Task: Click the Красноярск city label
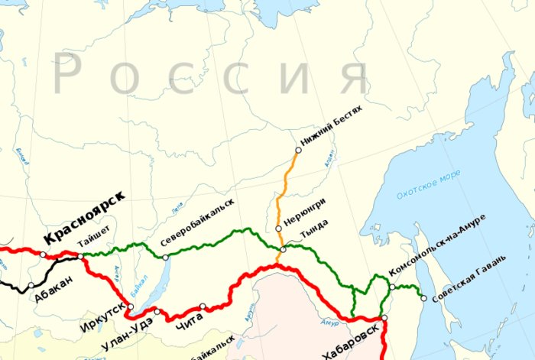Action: pos(84,227)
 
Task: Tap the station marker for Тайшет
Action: pos(81,256)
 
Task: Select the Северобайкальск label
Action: pos(196,223)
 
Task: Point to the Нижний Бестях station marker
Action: pos(298,151)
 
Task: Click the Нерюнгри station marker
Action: pos(278,229)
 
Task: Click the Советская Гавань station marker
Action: pos(423,298)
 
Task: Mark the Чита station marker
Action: pos(203,306)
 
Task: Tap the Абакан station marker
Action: pos(31,286)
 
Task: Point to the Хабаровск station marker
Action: pos(385,318)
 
